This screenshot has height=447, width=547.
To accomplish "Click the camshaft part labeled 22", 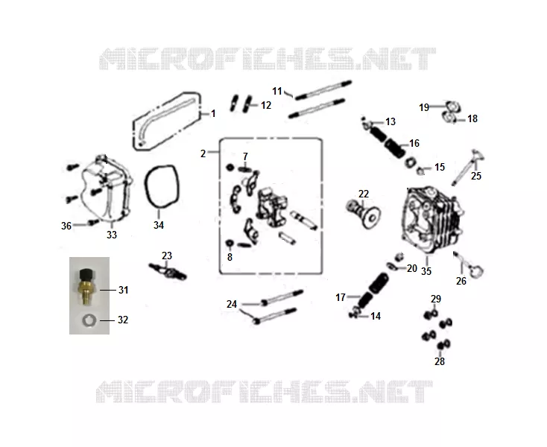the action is click(x=363, y=212).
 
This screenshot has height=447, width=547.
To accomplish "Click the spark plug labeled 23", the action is click(x=168, y=271).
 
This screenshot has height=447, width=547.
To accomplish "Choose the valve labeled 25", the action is click(x=468, y=167).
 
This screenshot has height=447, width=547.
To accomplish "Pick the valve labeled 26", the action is click(x=469, y=265).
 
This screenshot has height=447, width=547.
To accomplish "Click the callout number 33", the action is click(x=112, y=235).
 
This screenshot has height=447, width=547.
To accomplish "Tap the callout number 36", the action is click(x=66, y=226).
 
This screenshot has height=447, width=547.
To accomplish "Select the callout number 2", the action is click(x=203, y=153).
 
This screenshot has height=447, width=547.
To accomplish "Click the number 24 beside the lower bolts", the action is click(x=232, y=305).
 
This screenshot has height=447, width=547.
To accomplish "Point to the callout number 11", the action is click(x=277, y=92).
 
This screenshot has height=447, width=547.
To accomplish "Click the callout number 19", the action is click(x=424, y=107).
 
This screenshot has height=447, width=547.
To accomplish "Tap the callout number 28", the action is click(x=440, y=361).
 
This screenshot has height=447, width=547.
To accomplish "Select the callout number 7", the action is click(x=245, y=156).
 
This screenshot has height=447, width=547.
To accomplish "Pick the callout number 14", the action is click(x=376, y=316).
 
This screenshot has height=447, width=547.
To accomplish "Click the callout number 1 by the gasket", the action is click(x=213, y=114).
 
